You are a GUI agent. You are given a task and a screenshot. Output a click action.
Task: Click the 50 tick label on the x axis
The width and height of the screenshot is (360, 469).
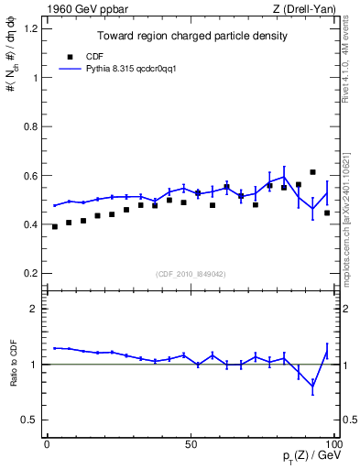coord(191,444)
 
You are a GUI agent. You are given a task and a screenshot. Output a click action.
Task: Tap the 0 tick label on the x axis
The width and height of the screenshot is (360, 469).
coord(48,444)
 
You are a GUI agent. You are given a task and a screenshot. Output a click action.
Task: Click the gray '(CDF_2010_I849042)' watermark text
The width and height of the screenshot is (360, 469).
coord(191,274)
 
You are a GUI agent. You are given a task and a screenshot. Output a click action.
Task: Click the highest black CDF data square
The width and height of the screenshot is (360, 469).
coord(312,172)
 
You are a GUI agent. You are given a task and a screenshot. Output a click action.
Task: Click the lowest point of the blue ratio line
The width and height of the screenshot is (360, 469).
coord(312,387)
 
